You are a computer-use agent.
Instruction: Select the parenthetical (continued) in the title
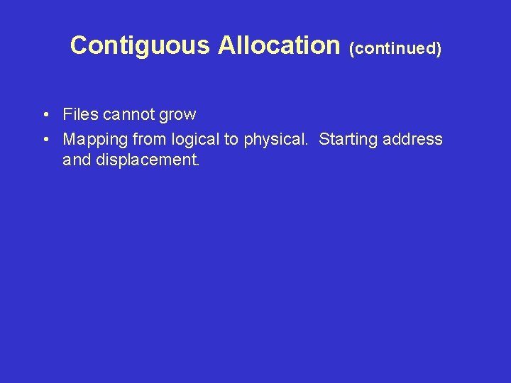[395, 48]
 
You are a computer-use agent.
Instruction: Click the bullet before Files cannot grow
[45, 115]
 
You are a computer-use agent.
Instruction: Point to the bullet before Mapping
[45, 140]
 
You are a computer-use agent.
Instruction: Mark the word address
[412, 139]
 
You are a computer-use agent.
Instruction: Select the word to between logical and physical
[231, 140]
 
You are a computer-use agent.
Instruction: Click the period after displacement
[198, 165]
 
